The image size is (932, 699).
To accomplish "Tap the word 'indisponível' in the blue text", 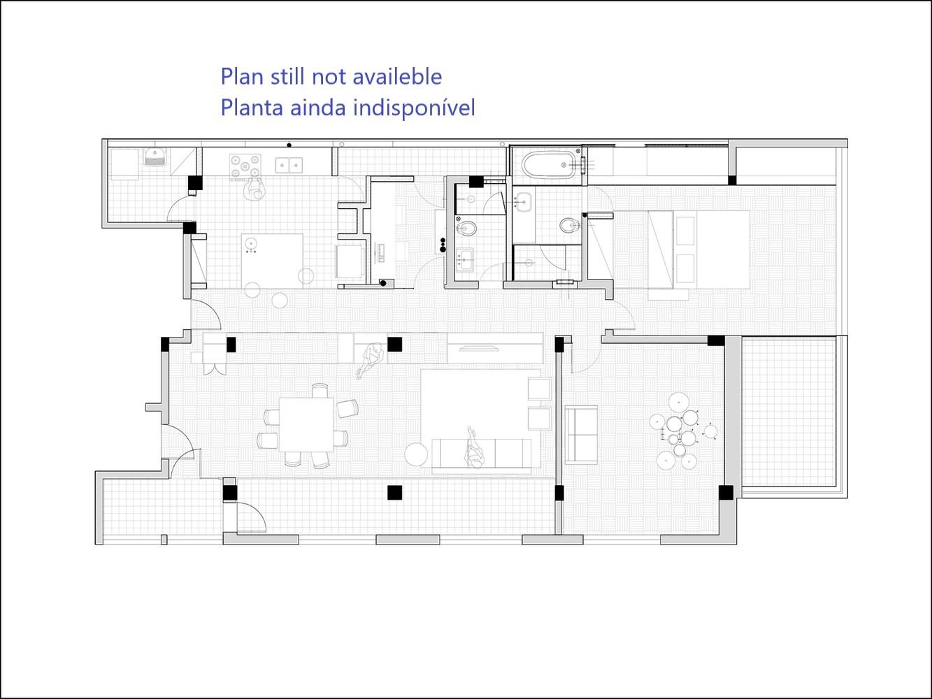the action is point(415,108).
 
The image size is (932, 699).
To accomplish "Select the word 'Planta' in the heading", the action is point(252,108).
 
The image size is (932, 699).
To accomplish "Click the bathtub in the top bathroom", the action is point(549,165).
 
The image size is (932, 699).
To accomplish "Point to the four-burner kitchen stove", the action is point(245,166).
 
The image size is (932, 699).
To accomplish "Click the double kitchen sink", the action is point(289,165).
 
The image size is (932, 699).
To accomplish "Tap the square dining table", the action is point(306,424).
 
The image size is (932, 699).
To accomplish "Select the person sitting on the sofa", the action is point(475,449).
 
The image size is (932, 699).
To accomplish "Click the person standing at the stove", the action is point(254,188).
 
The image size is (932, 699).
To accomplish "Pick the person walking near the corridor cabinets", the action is point(371,360).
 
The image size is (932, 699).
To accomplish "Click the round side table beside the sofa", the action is point(416,454).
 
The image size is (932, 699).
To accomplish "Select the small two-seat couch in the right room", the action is point(581,435).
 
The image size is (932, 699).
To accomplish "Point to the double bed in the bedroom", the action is point(698,250).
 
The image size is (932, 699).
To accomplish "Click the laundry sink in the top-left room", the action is point(155,157).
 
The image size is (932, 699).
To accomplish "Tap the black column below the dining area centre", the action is point(394,493).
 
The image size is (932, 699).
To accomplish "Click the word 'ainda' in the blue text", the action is point(318,108).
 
